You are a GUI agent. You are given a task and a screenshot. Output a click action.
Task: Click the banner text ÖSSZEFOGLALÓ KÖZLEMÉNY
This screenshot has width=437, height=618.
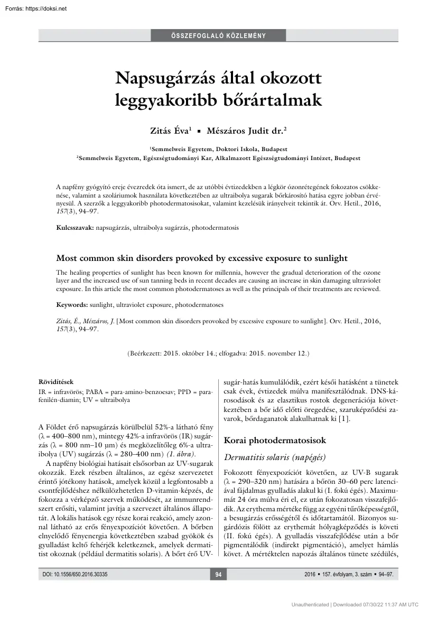[218, 36]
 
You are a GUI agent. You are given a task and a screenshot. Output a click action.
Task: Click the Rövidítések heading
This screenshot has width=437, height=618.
[56, 381]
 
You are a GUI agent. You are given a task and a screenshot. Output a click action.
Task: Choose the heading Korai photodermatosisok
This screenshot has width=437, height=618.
[275, 440]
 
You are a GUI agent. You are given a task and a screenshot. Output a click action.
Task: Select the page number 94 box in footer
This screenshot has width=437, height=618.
[218, 575]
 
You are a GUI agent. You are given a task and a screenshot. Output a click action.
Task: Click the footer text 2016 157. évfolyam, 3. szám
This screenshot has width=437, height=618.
[349, 575]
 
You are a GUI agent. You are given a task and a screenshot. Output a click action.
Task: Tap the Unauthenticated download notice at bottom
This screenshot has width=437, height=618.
[355, 604]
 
